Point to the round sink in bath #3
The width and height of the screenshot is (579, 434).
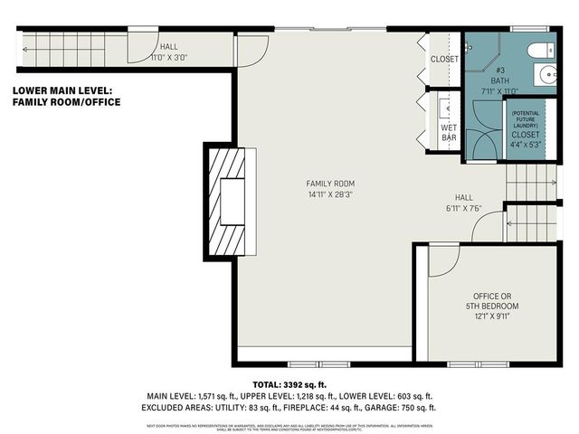coord(546,75)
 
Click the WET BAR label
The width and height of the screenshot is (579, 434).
coord(449,132)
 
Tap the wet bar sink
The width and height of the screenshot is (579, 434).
coord(442,108)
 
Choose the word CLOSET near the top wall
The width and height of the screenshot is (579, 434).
coord(444,60)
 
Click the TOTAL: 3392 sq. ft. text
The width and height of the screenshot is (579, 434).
coord(289,384)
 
